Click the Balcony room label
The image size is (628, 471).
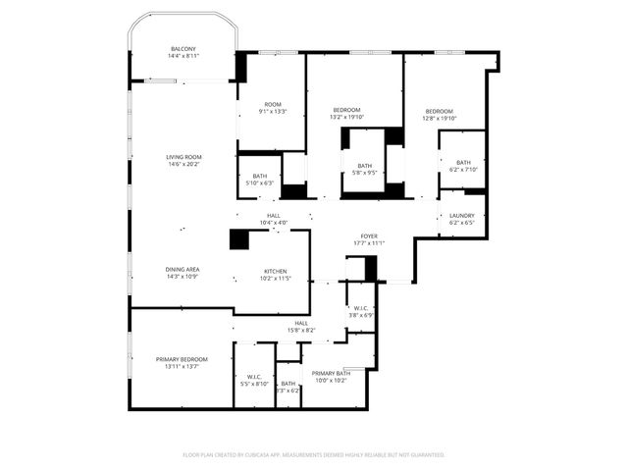183,49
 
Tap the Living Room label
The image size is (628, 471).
183,157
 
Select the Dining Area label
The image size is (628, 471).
183,269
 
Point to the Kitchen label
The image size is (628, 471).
275,271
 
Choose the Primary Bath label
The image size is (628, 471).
331,373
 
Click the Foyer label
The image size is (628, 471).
369,235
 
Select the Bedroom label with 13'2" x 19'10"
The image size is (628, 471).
347,109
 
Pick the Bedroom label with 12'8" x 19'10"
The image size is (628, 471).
440,112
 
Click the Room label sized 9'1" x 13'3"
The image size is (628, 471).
273,104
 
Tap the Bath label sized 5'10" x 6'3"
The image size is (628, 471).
260,175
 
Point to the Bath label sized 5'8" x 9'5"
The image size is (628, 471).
365,166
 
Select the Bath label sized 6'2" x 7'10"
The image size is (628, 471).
463,162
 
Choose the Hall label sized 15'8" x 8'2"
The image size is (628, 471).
301,323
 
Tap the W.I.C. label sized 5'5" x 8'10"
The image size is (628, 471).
253,376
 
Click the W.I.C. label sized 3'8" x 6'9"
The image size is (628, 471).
361,308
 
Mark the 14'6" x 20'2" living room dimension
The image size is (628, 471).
183,165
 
